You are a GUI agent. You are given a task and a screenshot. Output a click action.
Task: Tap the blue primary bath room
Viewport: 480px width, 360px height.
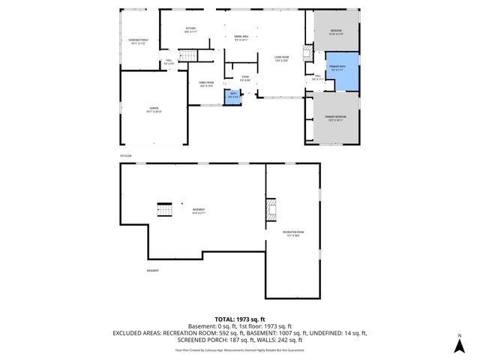342,71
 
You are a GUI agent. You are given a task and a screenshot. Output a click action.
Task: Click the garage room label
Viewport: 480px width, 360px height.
154,109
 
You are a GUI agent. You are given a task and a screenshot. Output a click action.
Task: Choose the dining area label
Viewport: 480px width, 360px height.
241,37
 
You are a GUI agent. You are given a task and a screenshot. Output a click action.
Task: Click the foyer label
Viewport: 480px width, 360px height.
244,77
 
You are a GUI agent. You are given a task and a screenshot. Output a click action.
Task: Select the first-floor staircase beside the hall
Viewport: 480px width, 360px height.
194,57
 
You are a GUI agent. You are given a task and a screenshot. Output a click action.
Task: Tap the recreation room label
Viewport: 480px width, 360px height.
292,234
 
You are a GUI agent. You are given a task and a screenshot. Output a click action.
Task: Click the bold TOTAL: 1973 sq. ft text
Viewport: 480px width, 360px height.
240,319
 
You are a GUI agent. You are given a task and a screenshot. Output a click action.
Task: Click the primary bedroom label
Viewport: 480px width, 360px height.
334,118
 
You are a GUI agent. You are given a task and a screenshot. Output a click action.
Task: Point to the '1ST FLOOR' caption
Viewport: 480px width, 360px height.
125,156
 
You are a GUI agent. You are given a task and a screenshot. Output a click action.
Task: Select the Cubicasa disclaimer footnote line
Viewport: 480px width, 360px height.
240,349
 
